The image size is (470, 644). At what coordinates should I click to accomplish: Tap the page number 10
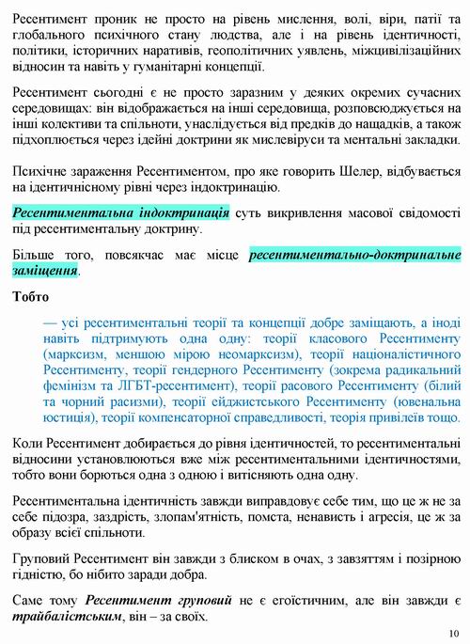point(455,632)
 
